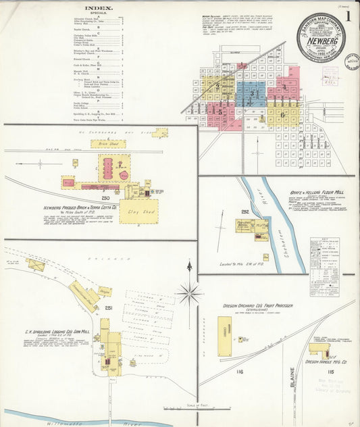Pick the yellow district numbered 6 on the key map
(282, 114)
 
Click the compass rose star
(189, 293)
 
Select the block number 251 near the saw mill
(108, 308)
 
